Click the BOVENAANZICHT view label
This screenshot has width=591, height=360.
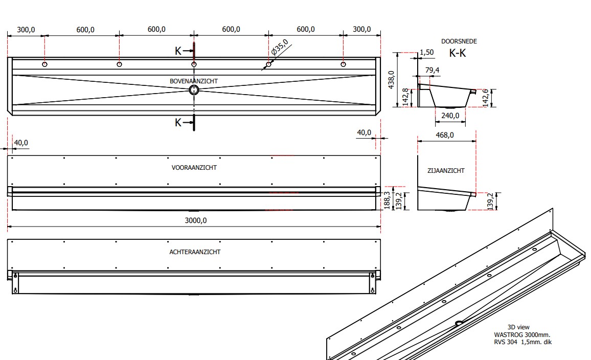click(194, 81)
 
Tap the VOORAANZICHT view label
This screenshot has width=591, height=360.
click(194, 168)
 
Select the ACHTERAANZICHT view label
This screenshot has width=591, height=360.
click(195, 252)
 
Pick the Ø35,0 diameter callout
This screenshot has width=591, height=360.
click(280, 48)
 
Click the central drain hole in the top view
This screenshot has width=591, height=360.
click(194, 90)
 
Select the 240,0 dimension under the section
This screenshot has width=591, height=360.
click(450, 116)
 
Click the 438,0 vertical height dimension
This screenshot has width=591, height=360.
click(392, 80)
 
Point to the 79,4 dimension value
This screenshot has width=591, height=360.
click(432, 70)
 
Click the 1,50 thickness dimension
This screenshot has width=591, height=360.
click(426, 52)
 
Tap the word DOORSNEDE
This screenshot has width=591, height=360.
click(459, 41)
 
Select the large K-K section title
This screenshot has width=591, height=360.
click(458, 53)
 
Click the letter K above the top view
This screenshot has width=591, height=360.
click(178, 51)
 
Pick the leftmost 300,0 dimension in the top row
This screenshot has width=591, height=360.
click(26, 30)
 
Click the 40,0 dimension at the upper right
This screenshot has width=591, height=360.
click(364, 132)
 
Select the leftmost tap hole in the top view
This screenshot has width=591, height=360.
click(45, 64)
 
